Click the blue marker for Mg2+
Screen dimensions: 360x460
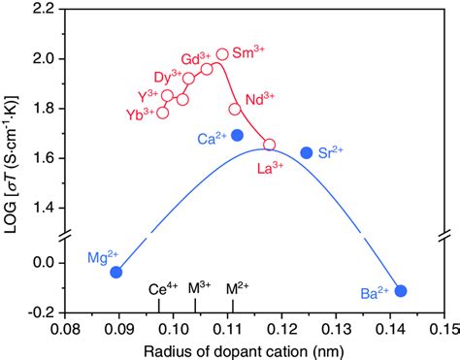(116, 272)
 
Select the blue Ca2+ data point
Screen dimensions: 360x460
(238, 135)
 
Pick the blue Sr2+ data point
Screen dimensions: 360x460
(307, 152)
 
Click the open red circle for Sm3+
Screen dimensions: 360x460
(222, 54)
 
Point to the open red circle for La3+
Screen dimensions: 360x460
(269, 145)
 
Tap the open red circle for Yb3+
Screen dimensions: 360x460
(162, 113)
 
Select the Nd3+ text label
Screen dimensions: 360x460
(259, 99)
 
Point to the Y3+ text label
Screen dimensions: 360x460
(148, 95)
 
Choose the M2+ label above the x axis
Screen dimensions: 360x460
(237, 288)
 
